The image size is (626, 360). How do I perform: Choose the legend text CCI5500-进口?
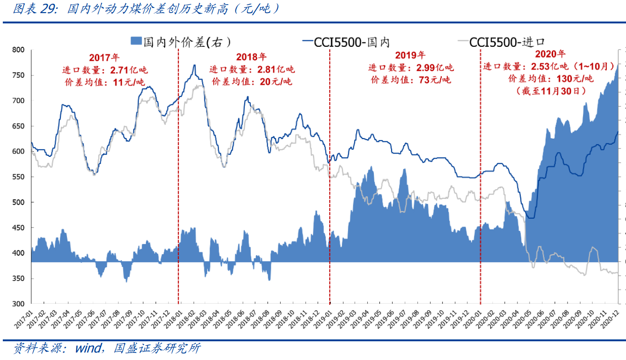point(507,42)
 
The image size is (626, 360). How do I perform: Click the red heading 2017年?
point(104,58)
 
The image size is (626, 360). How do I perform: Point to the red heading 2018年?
point(251,58)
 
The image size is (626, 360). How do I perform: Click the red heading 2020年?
point(550,54)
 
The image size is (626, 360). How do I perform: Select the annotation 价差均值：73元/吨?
point(410,80)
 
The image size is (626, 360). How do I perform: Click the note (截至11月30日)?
point(550,90)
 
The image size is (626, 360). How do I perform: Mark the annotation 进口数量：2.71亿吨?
point(104,70)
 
